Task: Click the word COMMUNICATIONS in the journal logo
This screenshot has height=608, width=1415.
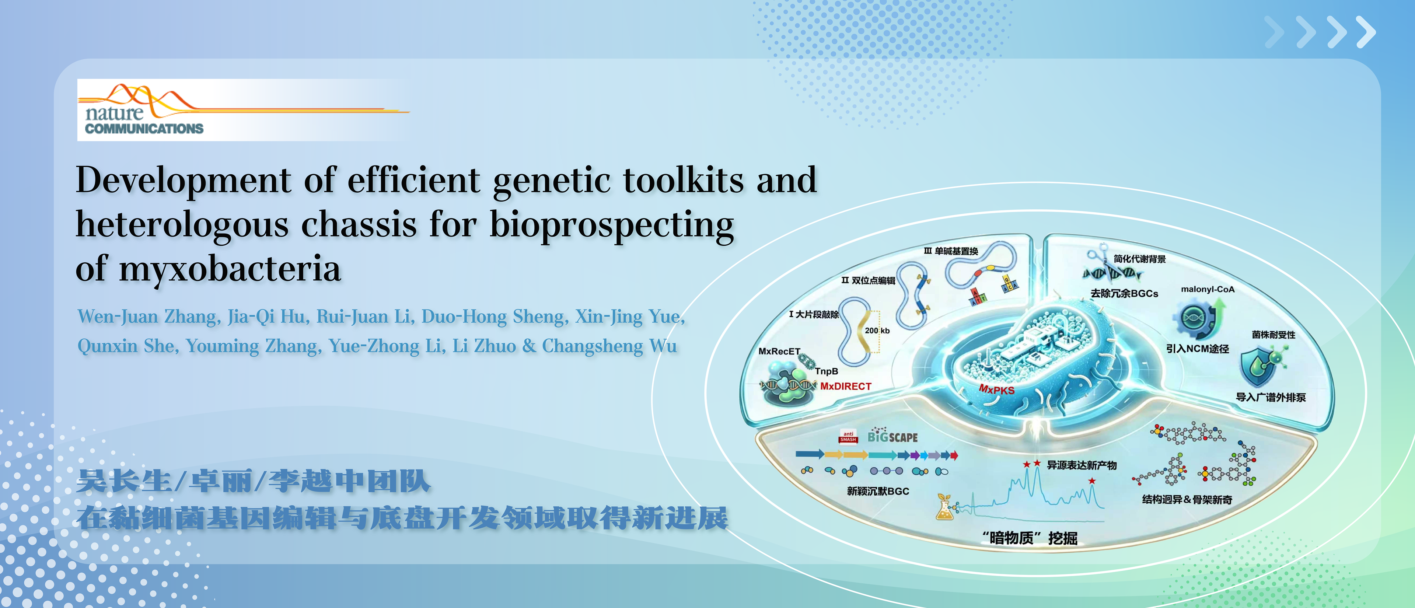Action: (144, 129)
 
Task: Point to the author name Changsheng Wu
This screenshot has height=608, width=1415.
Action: (609, 346)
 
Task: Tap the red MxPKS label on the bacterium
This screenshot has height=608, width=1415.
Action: (996, 389)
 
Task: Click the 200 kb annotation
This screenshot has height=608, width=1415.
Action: (877, 331)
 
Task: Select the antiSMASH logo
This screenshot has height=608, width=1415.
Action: (848, 437)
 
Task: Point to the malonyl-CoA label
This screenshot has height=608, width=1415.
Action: (1208, 290)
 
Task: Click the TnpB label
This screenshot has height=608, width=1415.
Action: (826, 371)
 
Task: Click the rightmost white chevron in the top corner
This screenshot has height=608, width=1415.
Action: (1366, 32)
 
